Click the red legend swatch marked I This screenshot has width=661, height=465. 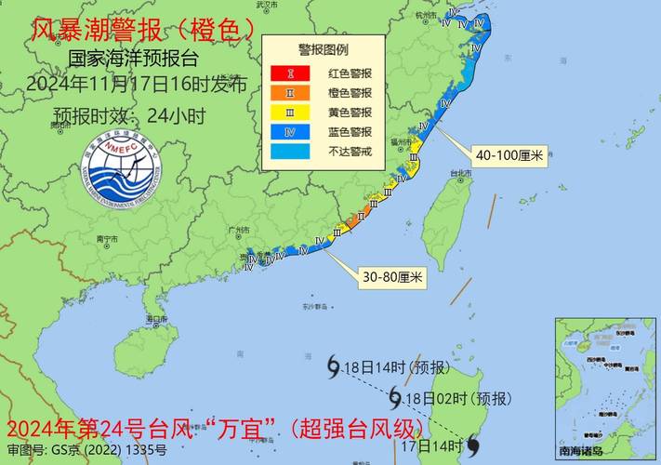click(x=290, y=72)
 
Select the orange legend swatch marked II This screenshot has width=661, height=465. click(x=290, y=92)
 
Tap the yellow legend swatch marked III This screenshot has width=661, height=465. click(x=290, y=112)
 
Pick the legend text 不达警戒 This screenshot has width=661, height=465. click(x=350, y=152)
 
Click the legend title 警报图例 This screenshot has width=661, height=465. click(x=323, y=49)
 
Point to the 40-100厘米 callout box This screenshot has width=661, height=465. click(x=509, y=156)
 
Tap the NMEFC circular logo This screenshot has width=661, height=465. click(x=118, y=172)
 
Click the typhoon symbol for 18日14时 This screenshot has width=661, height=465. click(x=333, y=368)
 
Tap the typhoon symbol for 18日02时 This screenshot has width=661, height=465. click(x=394, y=399)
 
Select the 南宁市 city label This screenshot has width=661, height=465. click(x=109, y=239)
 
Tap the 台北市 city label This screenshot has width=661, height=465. click(x=460, y=174)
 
